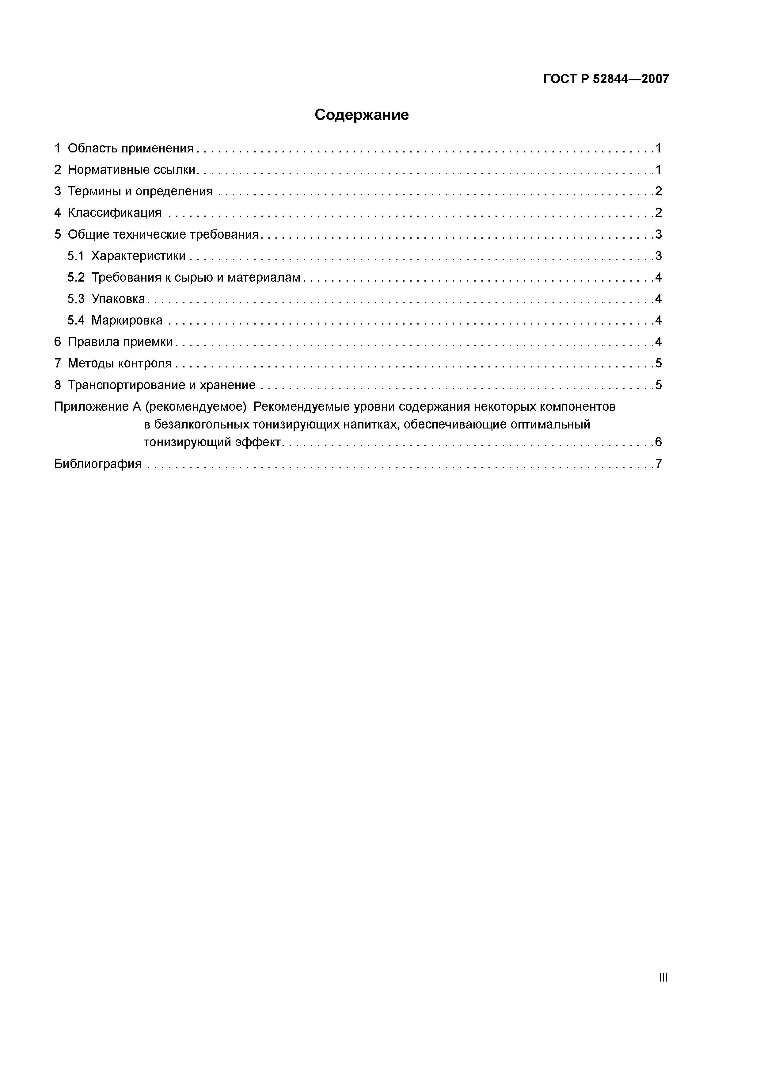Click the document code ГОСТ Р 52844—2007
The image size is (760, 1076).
pyautogui.click(x=606, y=79)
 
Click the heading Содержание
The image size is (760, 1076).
pyautogui.click(x=362, y=115)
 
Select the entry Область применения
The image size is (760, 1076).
pyautogui.click(x=130, y=148)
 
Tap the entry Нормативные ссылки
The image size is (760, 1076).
pyautogui.click(x=131, y=170)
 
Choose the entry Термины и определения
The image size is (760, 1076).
pyautogui.click(x=140, y=191)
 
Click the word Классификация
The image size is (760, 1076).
pyautogui.click(x=114, y=213)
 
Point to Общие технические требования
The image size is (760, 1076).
pyautogui.click(x=163, y=234)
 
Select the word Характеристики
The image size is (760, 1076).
pyautogui.click(x=138, y=256)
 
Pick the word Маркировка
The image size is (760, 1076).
pyautogui.click(x=127, y=321)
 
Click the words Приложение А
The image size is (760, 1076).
pyautogui.click(x=97, y=407)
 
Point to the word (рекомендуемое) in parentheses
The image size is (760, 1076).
pyautogui.click(x=195, y=407)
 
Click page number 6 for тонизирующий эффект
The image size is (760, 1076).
pyautogui.click(x=658, y=442)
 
